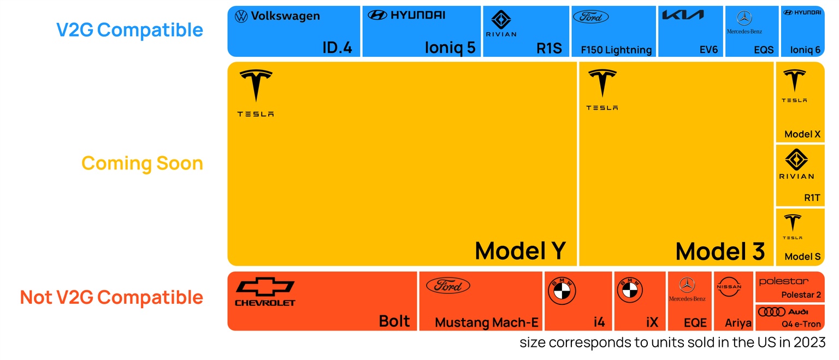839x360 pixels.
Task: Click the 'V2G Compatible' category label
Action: [x=129, y=30]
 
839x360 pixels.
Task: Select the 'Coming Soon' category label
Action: [x=142, y=163]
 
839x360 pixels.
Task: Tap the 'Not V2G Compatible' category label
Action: [x=111, y=297]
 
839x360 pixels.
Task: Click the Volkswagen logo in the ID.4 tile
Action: [x=241, y=16]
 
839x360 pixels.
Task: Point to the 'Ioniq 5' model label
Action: [x=450, y=48]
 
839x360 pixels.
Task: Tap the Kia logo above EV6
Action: [x=683, y=15]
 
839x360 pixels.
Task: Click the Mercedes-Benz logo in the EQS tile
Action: [x=744, y=19]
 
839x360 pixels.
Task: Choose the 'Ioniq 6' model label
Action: [x=805, y=50]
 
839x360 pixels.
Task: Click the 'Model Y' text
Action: [x=520, y=251]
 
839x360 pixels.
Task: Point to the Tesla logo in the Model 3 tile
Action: [x=602, y=85]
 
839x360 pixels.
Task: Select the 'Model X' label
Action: [x=802, y=134]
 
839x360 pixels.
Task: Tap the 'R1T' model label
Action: [x=812, y=198]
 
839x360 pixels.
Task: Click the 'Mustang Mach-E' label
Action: [x=487, y=323]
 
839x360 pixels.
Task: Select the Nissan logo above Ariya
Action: [x=729, y=286]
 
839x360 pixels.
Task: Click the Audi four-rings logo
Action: [x=772, y=312]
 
